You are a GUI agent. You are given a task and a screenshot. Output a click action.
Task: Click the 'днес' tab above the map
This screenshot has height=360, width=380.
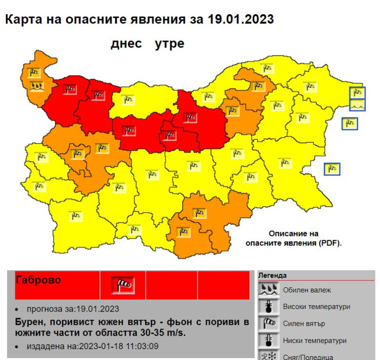126,44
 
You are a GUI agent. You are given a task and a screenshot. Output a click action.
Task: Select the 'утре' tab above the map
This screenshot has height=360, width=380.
170,44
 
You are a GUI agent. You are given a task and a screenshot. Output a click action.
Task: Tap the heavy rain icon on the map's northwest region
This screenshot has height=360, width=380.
35,87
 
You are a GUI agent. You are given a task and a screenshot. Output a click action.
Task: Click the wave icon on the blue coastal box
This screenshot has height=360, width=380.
357,104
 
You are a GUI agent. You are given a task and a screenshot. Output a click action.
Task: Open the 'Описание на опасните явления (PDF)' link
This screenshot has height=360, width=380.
294,238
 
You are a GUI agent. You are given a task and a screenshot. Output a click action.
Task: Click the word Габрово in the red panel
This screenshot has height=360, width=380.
38,280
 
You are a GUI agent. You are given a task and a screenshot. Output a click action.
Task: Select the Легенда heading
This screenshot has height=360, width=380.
272,275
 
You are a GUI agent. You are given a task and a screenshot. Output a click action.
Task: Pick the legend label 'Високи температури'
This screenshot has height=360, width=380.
316,307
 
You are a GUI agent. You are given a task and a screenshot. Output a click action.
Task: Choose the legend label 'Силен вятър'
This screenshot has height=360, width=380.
304,324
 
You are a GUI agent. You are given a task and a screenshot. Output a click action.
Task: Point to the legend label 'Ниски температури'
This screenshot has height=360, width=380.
314,341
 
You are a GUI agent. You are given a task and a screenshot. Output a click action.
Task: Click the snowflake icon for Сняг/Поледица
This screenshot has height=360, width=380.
268,356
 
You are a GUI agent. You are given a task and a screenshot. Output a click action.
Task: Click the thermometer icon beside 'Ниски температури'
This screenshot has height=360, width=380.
268,341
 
